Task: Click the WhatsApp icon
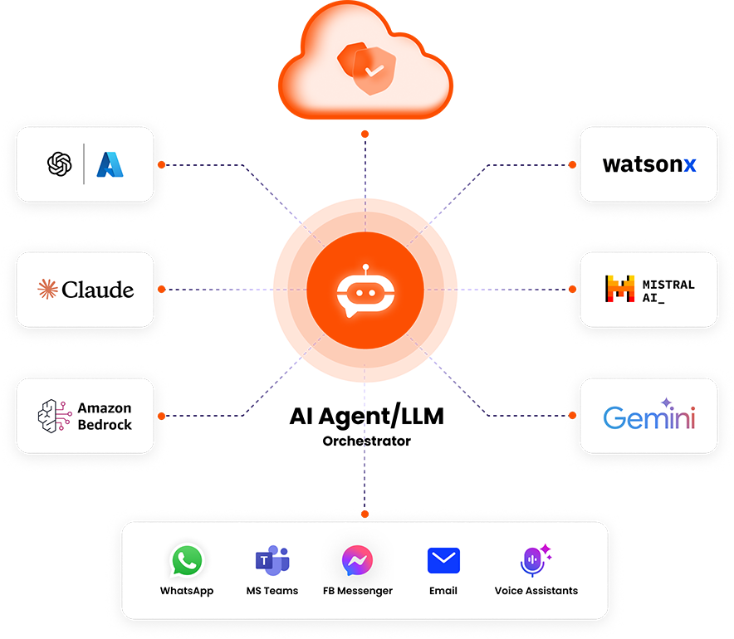(x=187, y=561)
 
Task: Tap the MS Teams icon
(x=272, y=561)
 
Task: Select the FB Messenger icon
(x=357, y=561)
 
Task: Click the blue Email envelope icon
(x=443, y=561)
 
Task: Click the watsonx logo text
(x=649, y=164)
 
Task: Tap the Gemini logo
(x=649, y=417)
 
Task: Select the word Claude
(x=98, y=290)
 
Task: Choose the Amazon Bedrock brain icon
(x=54, y=416)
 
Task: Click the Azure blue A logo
(x=110, y=164)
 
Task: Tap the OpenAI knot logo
(x=61, y=164)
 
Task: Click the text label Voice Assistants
(x=536, y=591)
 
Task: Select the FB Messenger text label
(x=357, y=591)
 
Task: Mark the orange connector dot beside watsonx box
(x=572, y=164)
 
